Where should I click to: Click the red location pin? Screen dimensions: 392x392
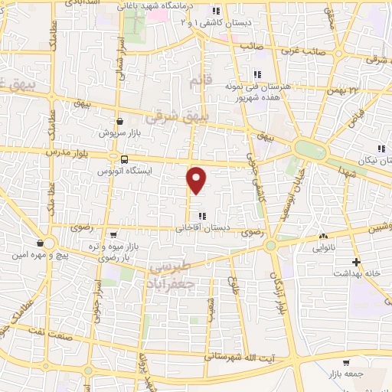[x=197, y=179]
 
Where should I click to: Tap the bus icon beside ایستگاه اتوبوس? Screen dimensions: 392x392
[x=123, y=158]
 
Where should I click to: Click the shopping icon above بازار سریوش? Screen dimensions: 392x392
[x=120, y=121]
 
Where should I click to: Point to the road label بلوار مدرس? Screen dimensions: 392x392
[x=62, y=152]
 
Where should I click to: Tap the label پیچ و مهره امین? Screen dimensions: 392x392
[x=50, y=254]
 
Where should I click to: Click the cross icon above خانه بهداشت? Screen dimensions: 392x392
[x=345, y=262]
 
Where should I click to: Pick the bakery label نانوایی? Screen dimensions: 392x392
[x=323, y=248]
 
